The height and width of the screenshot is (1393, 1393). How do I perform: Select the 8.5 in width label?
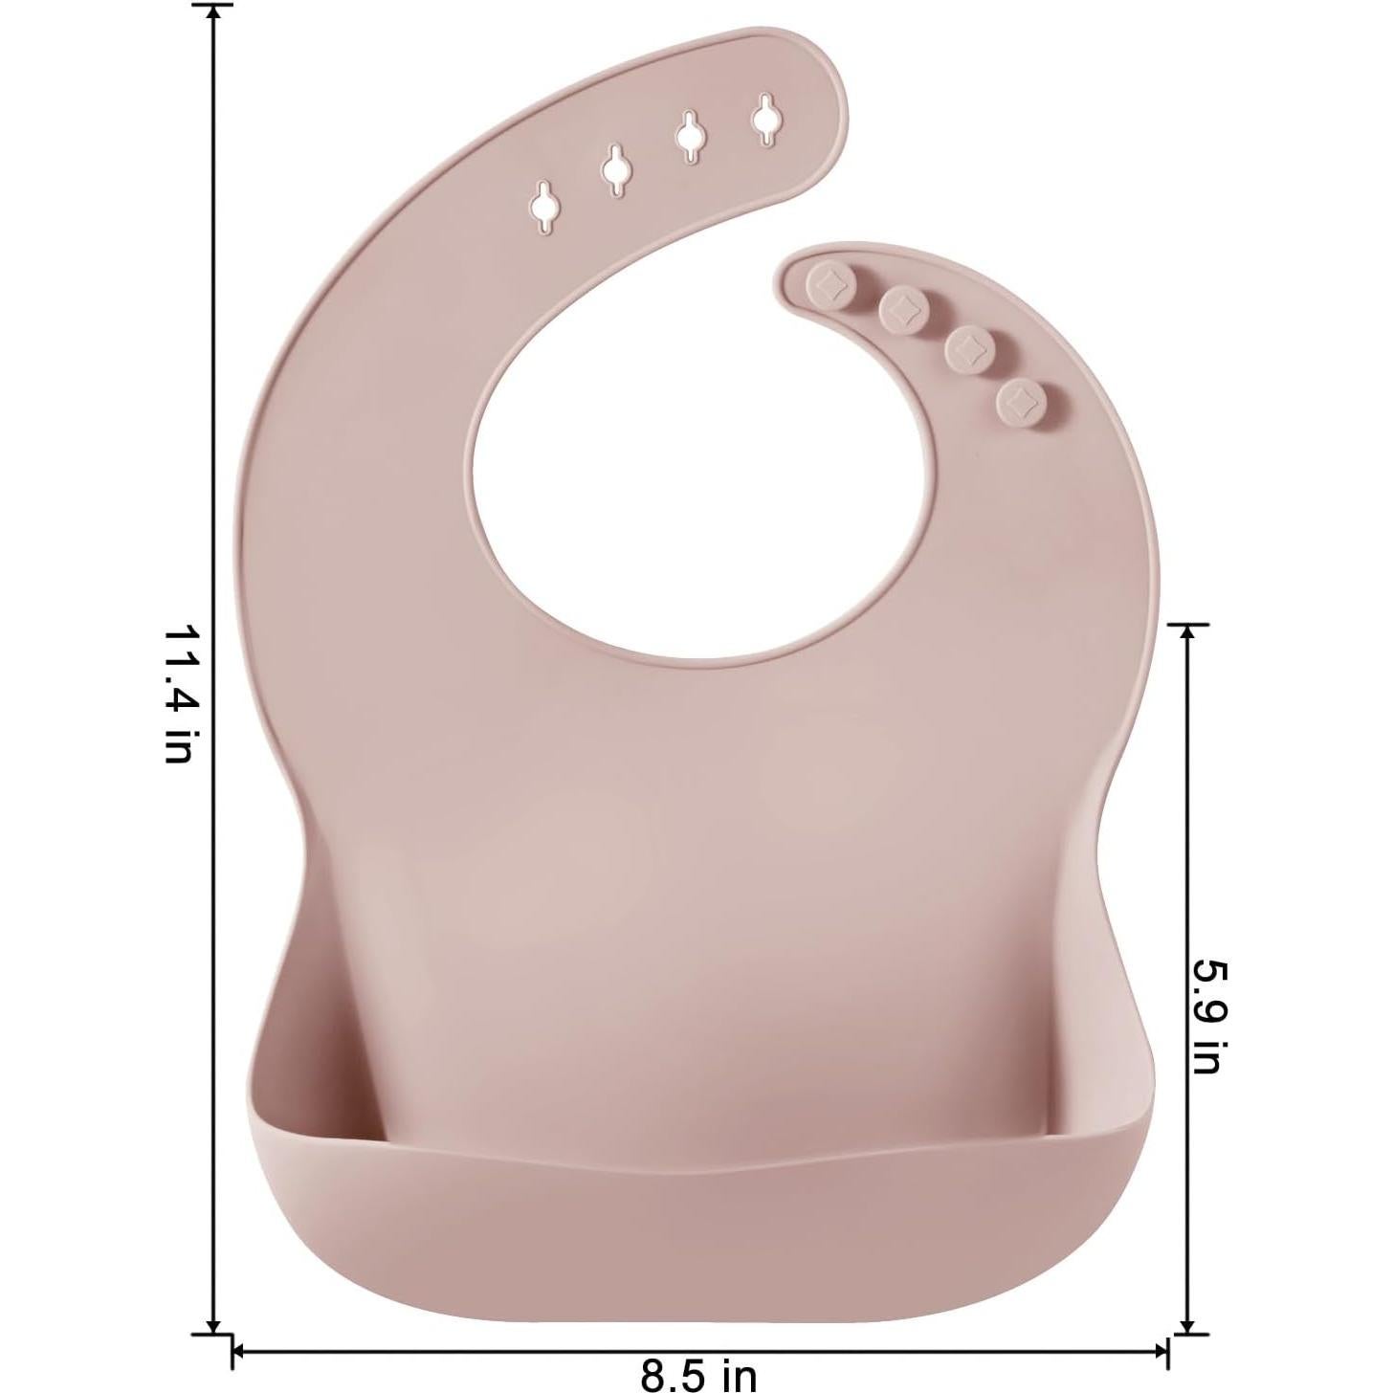pyautogui.click(x=698, y=1376)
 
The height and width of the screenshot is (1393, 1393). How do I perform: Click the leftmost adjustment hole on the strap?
pyautogui.click(x=545, y=206)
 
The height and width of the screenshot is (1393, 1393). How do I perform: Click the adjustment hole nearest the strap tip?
pyautogui.click(x=764, y=120)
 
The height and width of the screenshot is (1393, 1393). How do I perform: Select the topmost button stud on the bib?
pyautogui.click(x=826, y=283)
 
